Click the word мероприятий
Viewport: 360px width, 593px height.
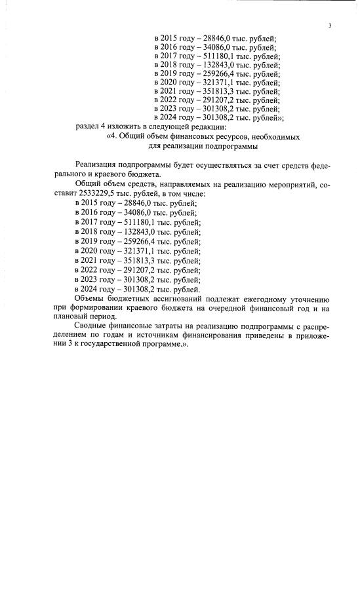[279, 185]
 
